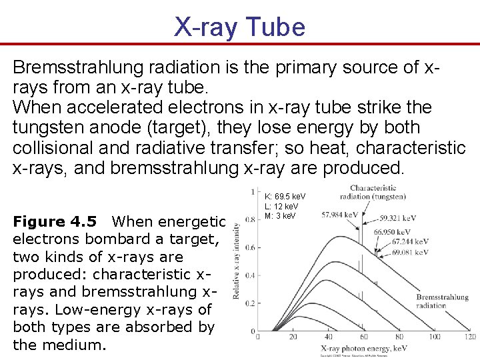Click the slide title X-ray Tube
[240, 27]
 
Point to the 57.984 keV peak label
[339, 215]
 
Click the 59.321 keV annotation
[405, 218]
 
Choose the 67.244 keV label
[411, 242]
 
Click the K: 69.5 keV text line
[285, 197]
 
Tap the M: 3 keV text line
[279, 215]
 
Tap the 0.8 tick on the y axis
[250, 219]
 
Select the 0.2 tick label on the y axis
[250, 303]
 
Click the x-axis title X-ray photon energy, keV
[364, 349]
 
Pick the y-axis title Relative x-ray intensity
[237, 261]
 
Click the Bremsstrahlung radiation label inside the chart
[442, 301]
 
